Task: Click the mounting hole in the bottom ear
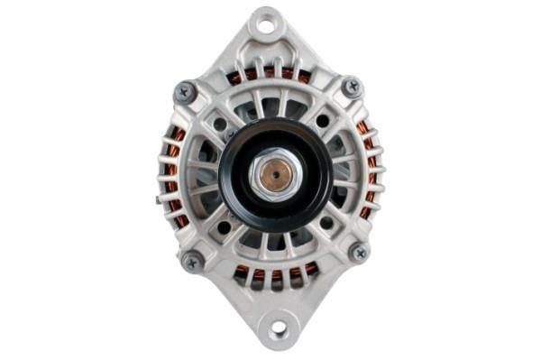[277, 328]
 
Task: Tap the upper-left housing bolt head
[186, 91]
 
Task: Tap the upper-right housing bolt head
[352, 87]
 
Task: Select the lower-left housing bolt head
[192, 261]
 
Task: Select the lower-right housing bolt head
[358, 253]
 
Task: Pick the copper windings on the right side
[369, 171]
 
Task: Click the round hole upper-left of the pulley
[220, 124]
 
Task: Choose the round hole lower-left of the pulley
[224, 227]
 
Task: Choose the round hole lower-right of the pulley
[326, 222]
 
